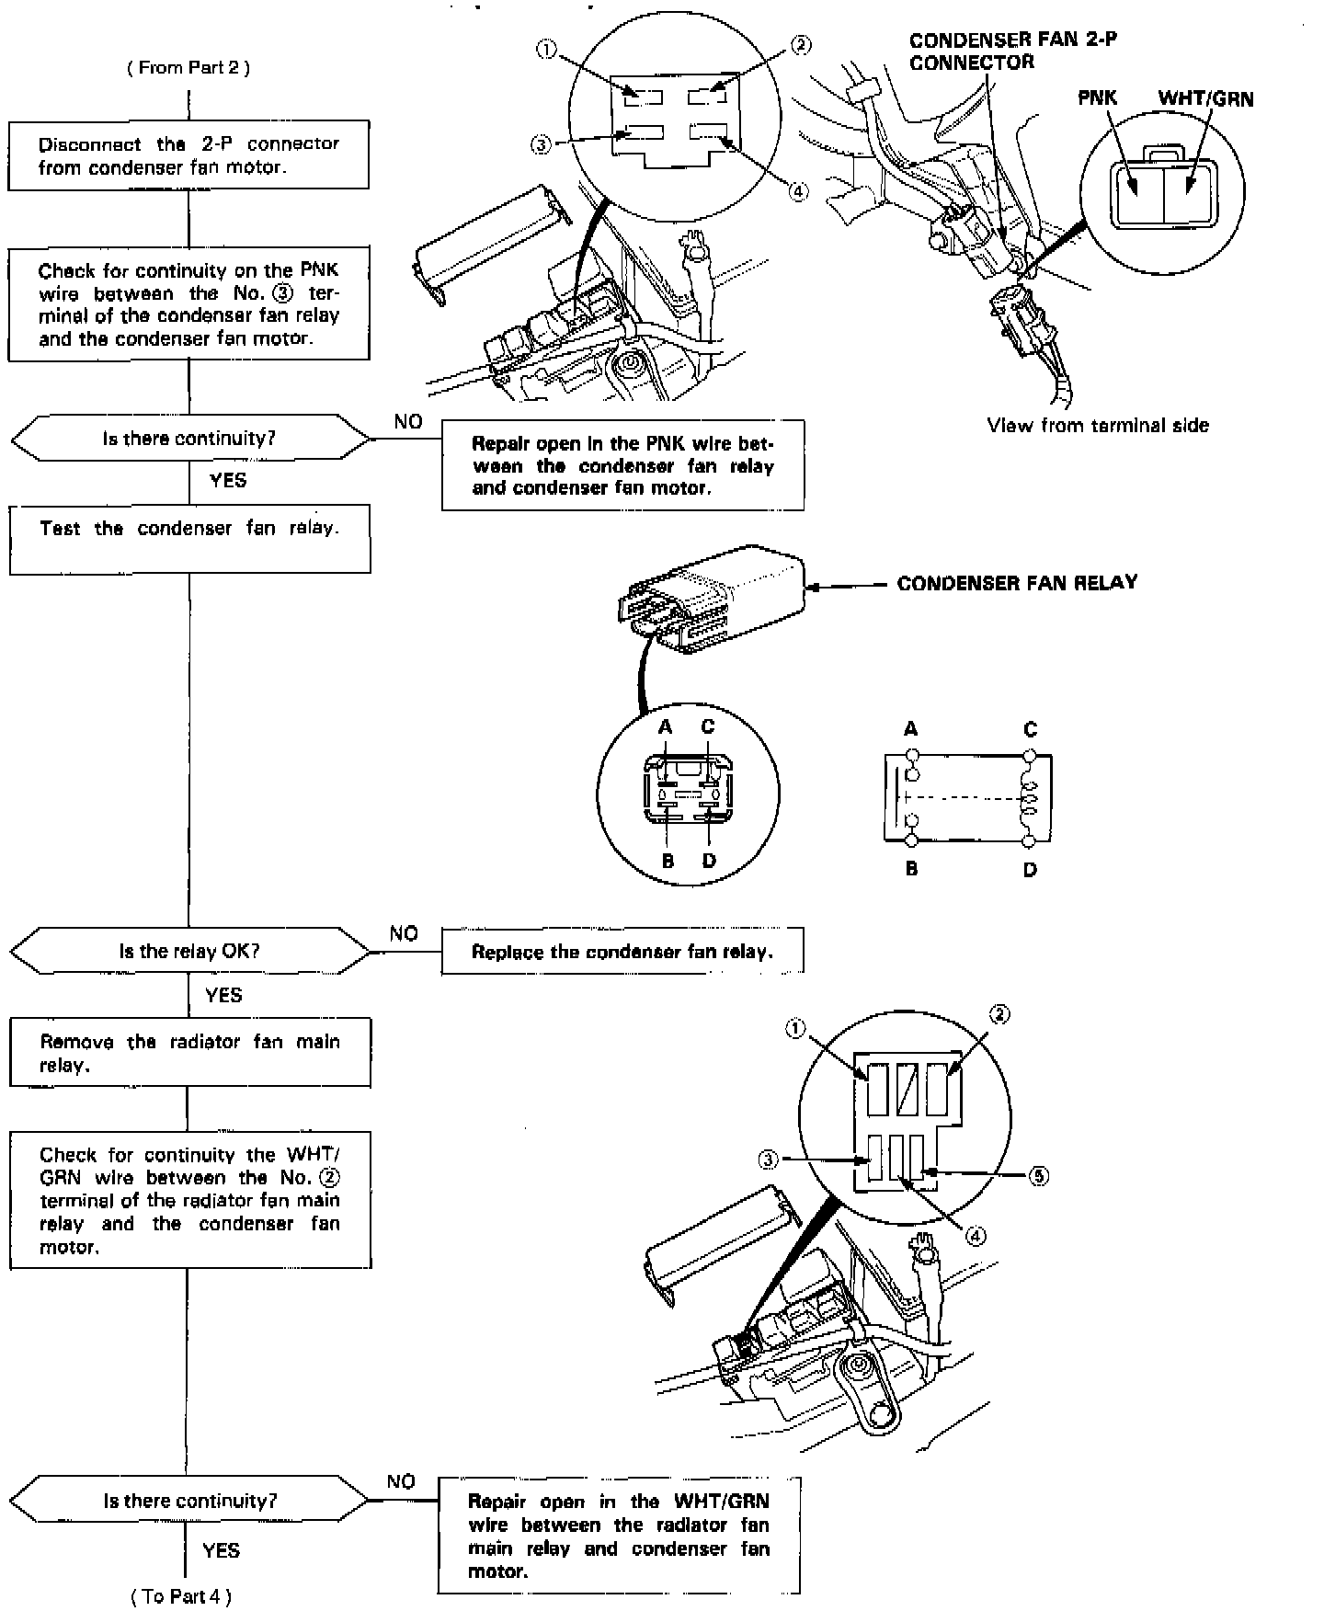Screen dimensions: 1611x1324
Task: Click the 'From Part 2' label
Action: pos(188,67)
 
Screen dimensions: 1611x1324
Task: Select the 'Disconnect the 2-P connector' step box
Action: pos(188,155)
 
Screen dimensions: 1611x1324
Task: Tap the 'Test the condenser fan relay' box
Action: pos(189,539)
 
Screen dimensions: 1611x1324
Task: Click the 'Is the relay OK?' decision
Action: pos(189,951)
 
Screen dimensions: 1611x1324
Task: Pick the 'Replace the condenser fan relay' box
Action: pos(622,952)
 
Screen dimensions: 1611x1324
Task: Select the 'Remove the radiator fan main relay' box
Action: pos(189,1053)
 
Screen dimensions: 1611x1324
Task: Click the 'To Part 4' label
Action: pos(181,1596)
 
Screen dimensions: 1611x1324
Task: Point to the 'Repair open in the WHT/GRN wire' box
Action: pos(619,1535)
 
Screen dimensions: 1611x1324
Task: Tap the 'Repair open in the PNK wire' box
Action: pos(622,465)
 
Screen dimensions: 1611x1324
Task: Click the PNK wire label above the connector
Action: pos(1097,98)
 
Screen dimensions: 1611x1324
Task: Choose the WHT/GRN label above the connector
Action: pos(1205,99)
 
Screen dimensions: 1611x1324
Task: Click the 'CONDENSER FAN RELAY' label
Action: pos(1017,583)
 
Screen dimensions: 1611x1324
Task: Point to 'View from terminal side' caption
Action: pos(1098,426)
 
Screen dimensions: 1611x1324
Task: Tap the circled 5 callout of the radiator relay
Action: pos(1038,1176)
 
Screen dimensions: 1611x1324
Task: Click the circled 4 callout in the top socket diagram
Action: pos(799,191)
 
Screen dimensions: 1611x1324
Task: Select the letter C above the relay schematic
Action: pos(1030,729)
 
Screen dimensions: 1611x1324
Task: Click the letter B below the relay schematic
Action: pos(911,868)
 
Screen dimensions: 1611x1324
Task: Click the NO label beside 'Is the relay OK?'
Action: pos(404,933)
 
